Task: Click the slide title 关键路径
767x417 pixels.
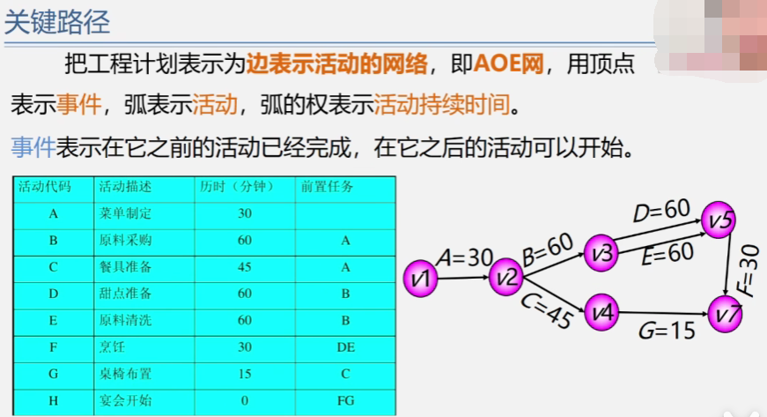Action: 57,22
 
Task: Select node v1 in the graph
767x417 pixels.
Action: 421,278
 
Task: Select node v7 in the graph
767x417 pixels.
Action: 728,313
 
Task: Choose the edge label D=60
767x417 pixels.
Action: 660,212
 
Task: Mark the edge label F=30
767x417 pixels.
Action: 749,268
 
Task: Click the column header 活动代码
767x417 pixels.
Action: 45,187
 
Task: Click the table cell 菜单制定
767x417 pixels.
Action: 126,213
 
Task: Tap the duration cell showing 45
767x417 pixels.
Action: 245,267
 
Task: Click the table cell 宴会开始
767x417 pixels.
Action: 126,401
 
